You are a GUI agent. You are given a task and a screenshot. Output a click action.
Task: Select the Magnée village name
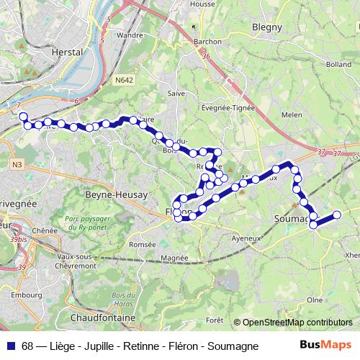[x=175, y=257]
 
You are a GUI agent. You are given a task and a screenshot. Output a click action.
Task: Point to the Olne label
[x=315, y=299]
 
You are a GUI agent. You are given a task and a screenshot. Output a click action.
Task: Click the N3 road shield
[x=16, y=165]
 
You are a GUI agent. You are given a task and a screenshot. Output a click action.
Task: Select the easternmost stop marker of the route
[x=336, y=214]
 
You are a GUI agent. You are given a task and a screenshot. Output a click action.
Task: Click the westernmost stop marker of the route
[x=22, y=117]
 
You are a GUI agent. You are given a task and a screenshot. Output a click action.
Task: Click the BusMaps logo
[x=326, y=346]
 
